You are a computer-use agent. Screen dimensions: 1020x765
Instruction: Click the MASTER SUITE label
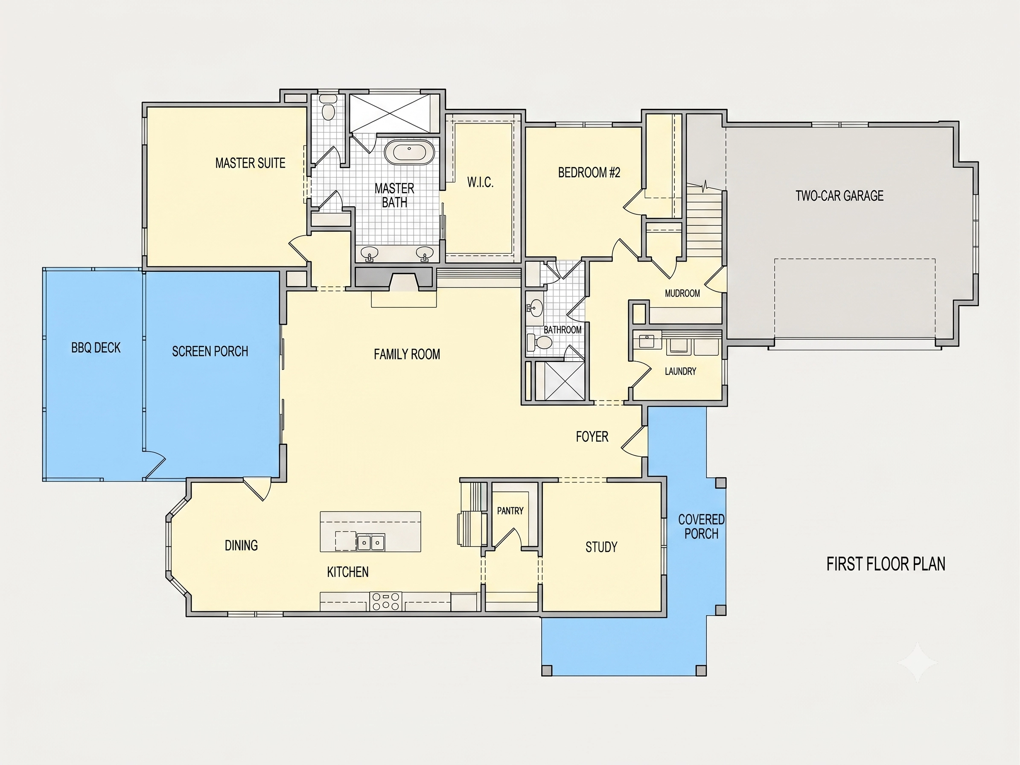pyautogui.click(x=251, y=163)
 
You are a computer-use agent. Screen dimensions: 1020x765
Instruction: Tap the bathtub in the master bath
pyautogui.click(x=409, y=152)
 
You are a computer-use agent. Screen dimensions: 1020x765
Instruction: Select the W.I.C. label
pyautogui.click(x=481, y=182)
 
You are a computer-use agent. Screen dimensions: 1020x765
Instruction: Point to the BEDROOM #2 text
pyautogui.click(x=589, y=172)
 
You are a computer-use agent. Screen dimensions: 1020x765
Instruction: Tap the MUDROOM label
pyautogui.click(x=682, y=293)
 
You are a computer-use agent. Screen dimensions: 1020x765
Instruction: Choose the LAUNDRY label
pyautogui.click(x=681, y=371)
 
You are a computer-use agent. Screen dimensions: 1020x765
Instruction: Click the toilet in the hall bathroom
pyautogui.click(x=539, y=342)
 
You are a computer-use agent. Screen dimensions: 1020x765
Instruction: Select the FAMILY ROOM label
pyautogui.click(x=407, y=354)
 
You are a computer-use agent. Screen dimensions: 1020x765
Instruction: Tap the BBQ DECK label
pyautogui.click(x=96, y=347)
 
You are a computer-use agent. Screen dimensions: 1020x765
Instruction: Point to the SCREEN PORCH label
pyautogui.click(x=210, y=351)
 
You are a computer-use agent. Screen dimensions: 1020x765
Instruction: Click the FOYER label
pyautogui.click(x=592, y=436)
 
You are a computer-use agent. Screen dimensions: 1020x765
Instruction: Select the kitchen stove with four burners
pyautogui.click(x=386, y=601)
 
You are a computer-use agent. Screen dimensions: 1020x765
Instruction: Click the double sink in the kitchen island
pyautogui.click(x=371, y=542)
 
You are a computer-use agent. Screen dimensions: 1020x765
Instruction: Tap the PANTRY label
pyautogui.click(x=510, y=511)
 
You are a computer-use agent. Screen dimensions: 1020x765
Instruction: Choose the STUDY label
pyautogui.click(x=601, y=547)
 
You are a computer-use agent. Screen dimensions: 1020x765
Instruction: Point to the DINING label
pyautogui.click(x=241, y=546)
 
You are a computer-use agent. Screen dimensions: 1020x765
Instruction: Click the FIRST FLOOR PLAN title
pyautogui.click(x=886, y=564)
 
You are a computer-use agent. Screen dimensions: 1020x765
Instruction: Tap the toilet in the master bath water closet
pyautogui.click(x=328, y=108)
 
